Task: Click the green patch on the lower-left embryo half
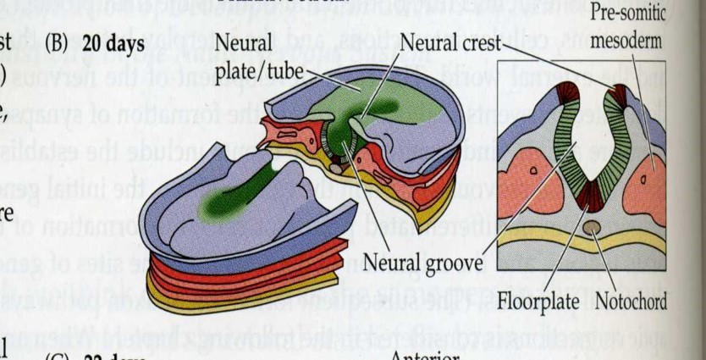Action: point(222,203)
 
